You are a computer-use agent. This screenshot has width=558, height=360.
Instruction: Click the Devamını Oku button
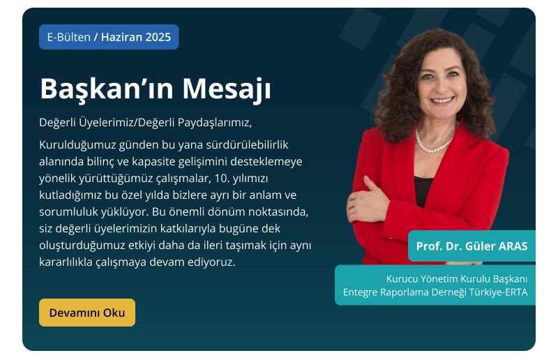(87, 313)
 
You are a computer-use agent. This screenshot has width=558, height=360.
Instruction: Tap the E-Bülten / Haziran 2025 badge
(109, 37)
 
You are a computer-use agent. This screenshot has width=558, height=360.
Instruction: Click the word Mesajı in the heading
(227, 89)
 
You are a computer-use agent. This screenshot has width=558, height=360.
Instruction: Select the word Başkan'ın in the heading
(107, 89)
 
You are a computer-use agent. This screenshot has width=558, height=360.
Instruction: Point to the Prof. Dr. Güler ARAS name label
(472, 246)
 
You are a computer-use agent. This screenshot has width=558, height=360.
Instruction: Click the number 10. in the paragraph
(222, 178)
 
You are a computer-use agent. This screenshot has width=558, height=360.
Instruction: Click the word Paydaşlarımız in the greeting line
(215, 123)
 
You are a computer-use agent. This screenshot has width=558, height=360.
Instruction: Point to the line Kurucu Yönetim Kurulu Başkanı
(457, 279)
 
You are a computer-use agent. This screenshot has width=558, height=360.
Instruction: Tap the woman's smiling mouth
(442, 100)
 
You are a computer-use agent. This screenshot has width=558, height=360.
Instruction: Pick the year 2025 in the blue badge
(158, 37)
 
